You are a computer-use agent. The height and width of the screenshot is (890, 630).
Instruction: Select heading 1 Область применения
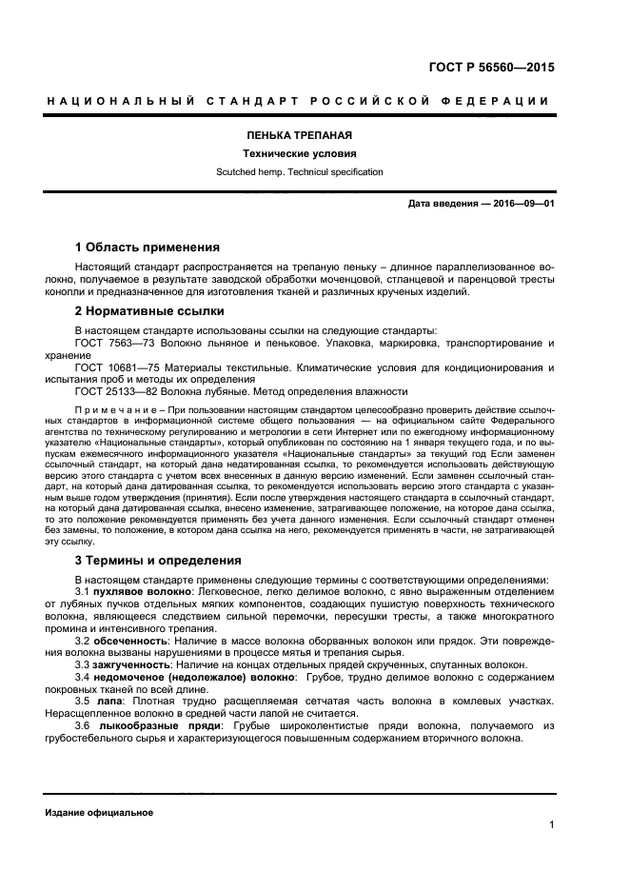pos(148,247)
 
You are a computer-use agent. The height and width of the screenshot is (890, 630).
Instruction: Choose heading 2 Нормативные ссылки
pos(149,311)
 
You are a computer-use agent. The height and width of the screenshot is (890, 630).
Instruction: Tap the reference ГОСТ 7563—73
pos(112,343)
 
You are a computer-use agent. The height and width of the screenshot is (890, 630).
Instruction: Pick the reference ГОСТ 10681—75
pos(115,366)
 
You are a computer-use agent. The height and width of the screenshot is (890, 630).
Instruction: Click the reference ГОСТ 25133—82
pos(115,391)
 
